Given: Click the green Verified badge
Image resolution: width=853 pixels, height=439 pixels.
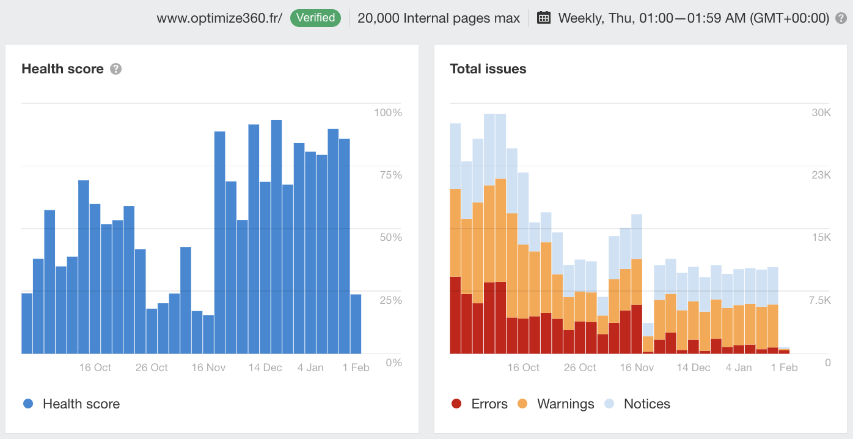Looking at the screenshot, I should coord(315,18).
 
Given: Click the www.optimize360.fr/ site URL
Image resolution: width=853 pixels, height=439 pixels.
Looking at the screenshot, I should coord(219,18).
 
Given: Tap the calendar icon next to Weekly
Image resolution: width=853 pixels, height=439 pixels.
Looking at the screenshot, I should coord(543,18).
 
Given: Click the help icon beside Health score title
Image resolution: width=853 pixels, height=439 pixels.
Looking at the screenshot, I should coord(115,69).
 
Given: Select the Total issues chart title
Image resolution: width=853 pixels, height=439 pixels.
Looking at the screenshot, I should coord(488,69).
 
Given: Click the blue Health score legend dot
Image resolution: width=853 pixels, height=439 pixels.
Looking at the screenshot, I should coord(28,404).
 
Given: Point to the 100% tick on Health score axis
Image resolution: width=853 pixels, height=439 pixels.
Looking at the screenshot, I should coord(388,113).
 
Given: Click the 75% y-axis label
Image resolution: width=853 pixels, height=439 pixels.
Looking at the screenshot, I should coord(390,175).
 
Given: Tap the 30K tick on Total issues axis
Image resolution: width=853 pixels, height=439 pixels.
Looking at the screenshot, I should coord(821,113).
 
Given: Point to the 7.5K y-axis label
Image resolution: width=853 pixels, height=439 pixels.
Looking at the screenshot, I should coord(818,300).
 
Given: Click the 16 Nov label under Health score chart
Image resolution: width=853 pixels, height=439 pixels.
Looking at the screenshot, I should coord(208,367).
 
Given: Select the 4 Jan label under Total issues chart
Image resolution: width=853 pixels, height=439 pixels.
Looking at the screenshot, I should coord(739,367).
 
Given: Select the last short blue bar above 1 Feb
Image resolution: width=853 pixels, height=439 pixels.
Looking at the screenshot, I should coord(356,324).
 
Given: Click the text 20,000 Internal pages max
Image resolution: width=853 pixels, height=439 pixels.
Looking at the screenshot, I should coord(438,18).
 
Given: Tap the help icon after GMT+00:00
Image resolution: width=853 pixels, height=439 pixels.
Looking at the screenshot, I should coord(841,18).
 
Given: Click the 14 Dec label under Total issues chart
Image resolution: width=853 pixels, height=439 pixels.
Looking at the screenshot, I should coord(694,367).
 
